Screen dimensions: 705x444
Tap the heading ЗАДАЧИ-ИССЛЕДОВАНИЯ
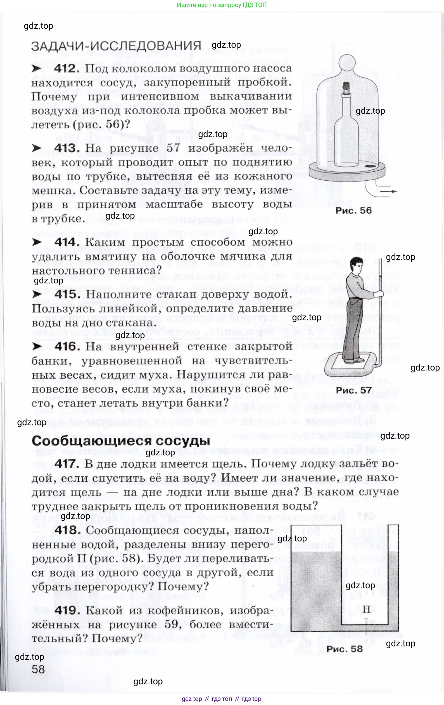(x=116, y=46)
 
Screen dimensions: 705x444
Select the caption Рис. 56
(x=353, y=211)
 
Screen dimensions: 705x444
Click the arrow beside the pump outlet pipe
(x=390, y=192)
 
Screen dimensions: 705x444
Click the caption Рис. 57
(x=353, y=390)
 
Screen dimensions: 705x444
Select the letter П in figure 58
(x=366, y=609)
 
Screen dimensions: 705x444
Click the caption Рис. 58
(x=344, y=649)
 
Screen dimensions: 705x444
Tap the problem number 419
(x=67, y=610)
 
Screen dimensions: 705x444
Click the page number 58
(x=38, y=669)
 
